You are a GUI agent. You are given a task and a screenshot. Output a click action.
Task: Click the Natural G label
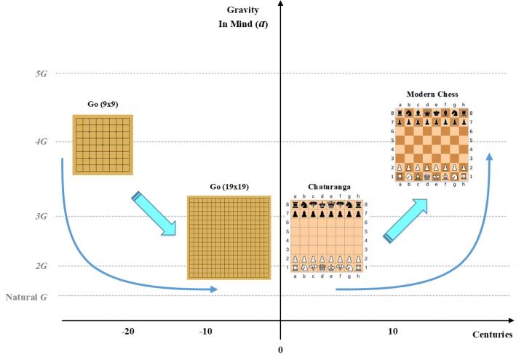(28, 297)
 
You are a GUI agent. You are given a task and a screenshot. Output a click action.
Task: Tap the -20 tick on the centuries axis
(128, 332)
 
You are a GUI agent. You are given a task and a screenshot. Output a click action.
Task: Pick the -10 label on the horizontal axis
(206, 332)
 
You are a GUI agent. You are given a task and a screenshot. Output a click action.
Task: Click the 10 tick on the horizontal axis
(392, 332)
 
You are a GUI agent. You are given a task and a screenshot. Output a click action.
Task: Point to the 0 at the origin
(280, 350)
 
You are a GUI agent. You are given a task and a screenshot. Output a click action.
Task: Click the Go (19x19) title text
(229, 187)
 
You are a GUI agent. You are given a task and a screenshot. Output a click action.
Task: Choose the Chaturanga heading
(327, 187)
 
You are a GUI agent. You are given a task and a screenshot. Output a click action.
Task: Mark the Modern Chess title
(432, 95)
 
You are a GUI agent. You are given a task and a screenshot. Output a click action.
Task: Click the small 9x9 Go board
(103, 144)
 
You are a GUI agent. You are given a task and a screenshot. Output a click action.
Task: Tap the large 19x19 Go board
(229, 237)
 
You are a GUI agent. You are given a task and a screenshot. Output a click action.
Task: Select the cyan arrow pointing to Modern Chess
(405, 219)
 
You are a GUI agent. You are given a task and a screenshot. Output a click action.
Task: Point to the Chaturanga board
(328, 236)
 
